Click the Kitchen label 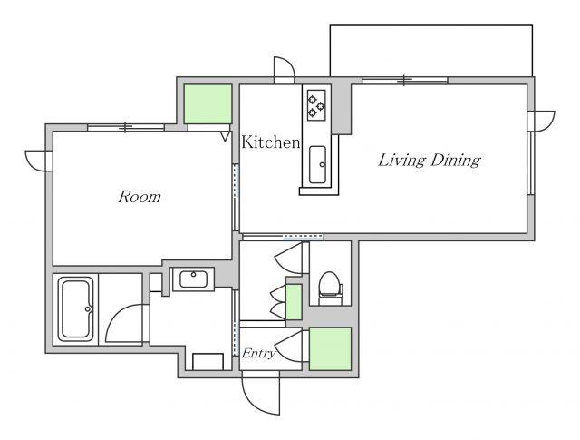tap(270, 142)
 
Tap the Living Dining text tap(429, 160)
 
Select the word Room tap(140, 197)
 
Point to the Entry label tap(258, 354)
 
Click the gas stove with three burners tap(316, 105)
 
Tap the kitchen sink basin tap(317, 164)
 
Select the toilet tap(330, 288)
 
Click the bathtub tap(76, 309)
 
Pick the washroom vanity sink tap(193, 279)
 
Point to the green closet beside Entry tap(330, 348)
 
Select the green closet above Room tap(208, 104)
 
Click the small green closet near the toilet tap(294, 302)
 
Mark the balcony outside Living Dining tap(431, 51)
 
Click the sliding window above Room tap(126, 127)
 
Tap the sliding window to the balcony tap(405, 80)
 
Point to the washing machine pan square tap(208, 362)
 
